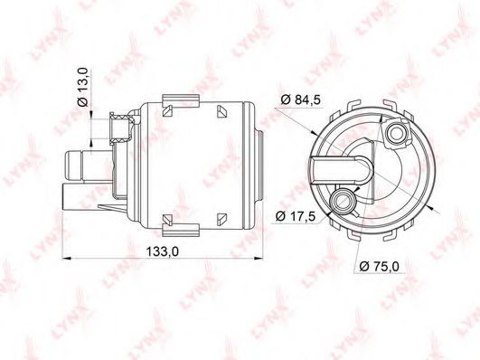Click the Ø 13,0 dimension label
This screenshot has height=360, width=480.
point(83,88)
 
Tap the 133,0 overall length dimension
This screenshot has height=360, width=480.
point(162,251)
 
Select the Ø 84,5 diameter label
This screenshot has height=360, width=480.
point(300,99)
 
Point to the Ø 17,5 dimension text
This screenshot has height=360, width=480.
point(295,216)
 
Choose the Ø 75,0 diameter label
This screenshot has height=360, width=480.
point(380,266)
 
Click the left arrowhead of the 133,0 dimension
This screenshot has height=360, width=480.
point(66,259)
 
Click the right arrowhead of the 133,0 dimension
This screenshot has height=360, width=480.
point(259,259)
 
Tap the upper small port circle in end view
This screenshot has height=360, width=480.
point(396,133)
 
